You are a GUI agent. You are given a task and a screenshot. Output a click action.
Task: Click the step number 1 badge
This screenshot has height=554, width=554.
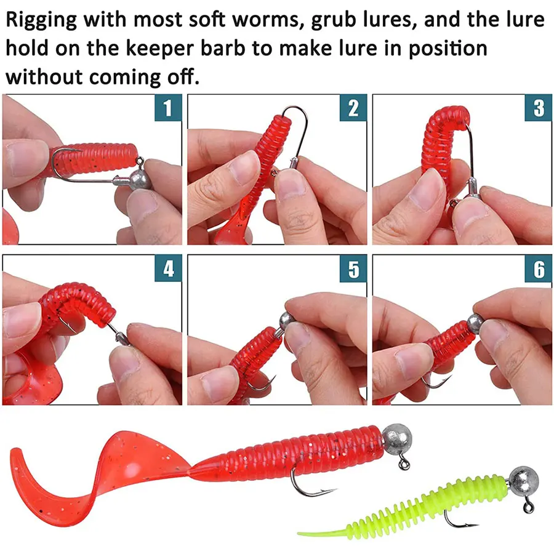167,108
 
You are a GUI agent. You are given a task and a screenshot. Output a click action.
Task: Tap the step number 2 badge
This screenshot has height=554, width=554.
353,108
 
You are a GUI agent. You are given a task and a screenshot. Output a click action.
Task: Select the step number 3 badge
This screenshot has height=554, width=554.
539,108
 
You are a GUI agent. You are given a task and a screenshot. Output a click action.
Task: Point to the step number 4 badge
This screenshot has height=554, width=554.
167,269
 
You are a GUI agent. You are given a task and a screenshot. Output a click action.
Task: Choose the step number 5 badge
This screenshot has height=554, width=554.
353,269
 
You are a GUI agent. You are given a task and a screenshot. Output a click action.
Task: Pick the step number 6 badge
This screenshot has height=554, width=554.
539,269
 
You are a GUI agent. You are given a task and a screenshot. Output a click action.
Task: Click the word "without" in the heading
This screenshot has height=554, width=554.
43,77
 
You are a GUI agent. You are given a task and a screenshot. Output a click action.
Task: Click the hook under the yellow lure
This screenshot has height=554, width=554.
459,522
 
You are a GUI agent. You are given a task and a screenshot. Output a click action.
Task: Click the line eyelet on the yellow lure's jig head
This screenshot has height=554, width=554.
528,508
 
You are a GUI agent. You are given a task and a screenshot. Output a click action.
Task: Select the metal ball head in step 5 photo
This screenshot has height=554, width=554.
285,321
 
